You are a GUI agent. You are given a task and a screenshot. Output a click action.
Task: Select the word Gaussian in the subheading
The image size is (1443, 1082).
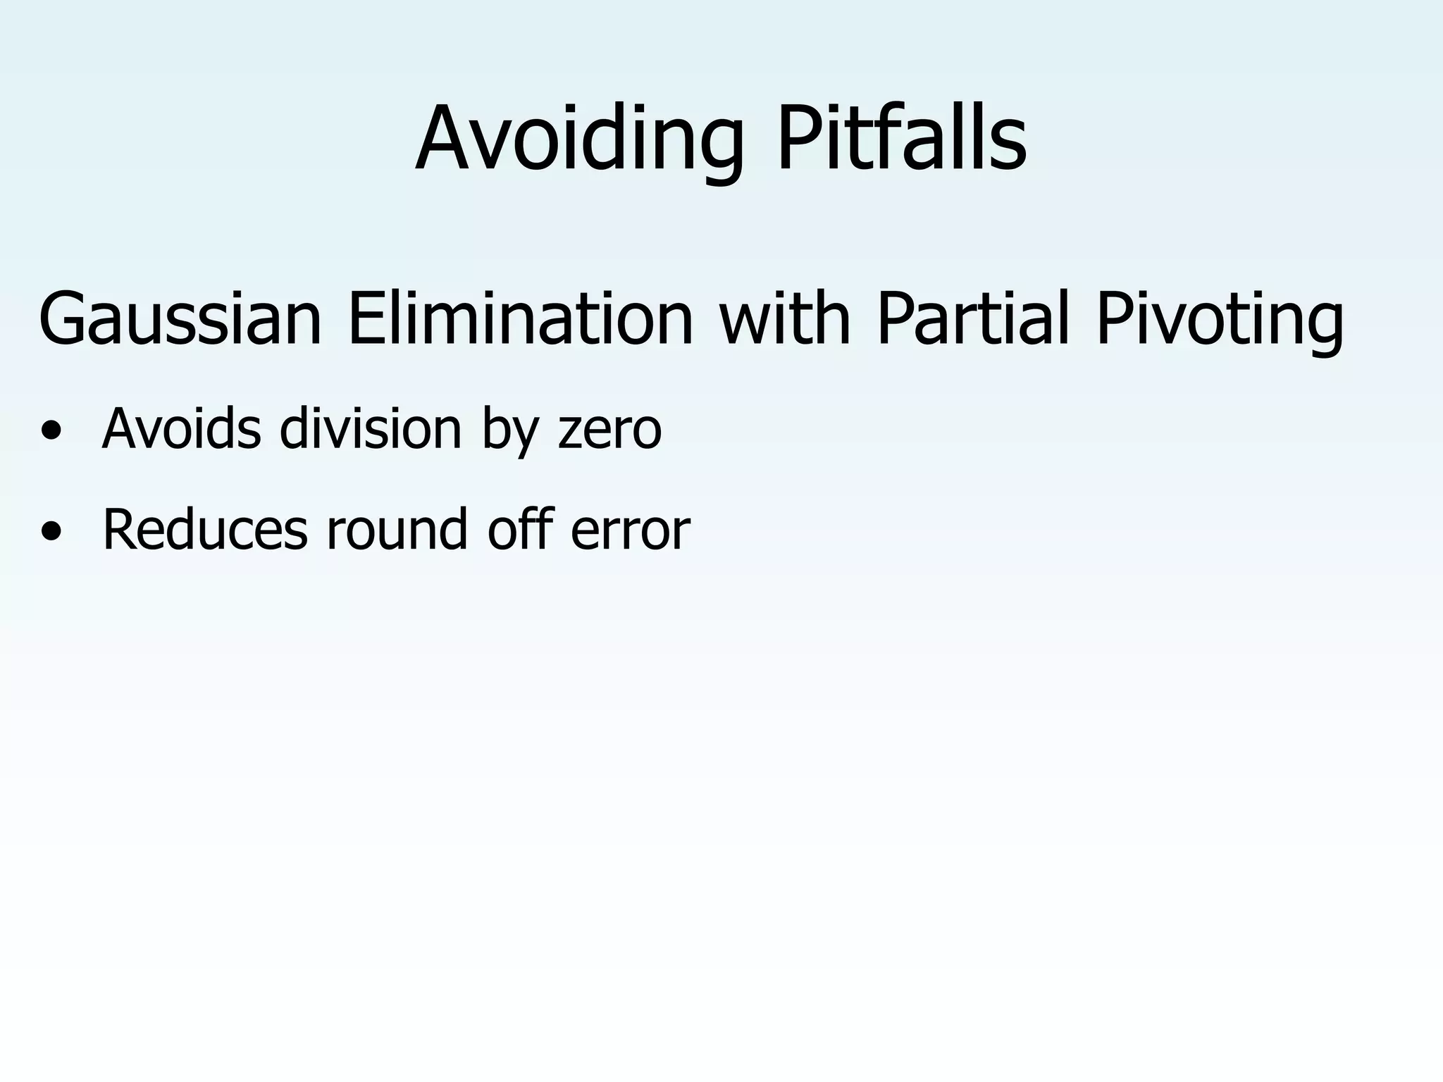(180, 318)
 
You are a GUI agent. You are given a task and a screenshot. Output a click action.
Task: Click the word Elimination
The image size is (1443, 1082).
(521, 318)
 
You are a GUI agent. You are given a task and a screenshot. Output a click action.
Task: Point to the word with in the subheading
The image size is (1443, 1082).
(785, 318)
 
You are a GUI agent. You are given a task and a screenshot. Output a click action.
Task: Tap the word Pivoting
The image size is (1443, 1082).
(1220, 318)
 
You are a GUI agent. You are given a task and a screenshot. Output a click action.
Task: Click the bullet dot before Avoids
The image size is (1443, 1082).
(50, 430)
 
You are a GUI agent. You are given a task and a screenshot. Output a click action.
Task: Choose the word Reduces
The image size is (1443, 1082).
(205, 530)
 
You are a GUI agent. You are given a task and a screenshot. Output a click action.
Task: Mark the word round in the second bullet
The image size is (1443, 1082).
(397, 530)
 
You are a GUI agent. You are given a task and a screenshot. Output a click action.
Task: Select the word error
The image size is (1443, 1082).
(630, 530)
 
